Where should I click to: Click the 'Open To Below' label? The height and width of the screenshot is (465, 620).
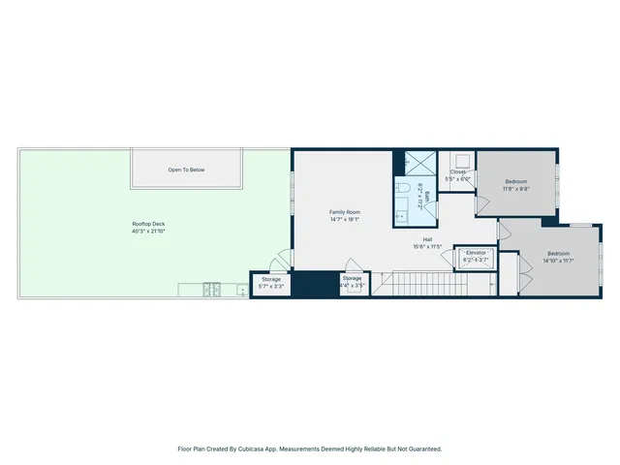(x=186, y=170)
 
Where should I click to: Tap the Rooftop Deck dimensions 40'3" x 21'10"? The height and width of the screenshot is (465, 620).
(x=148, y=232)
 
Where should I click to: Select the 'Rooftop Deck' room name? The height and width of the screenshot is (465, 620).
(x=148, y=224)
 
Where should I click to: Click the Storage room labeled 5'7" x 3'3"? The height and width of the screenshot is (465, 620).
(x=270, y=283)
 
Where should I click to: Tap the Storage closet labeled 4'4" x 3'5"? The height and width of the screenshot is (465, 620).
(x=352, y=283)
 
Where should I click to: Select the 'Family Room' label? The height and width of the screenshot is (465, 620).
(x=344, y=211)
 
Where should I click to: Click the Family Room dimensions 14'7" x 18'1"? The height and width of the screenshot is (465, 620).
(x=344, y=219)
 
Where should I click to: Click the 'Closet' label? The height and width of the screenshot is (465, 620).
(x=457, y=172)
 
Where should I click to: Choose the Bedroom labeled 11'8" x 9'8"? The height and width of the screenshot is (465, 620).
(x=515, y=185)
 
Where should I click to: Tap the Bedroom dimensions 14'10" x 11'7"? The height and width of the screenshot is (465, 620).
(x=559, y=261)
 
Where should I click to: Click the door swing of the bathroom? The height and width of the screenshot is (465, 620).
(x=432, y=209)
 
